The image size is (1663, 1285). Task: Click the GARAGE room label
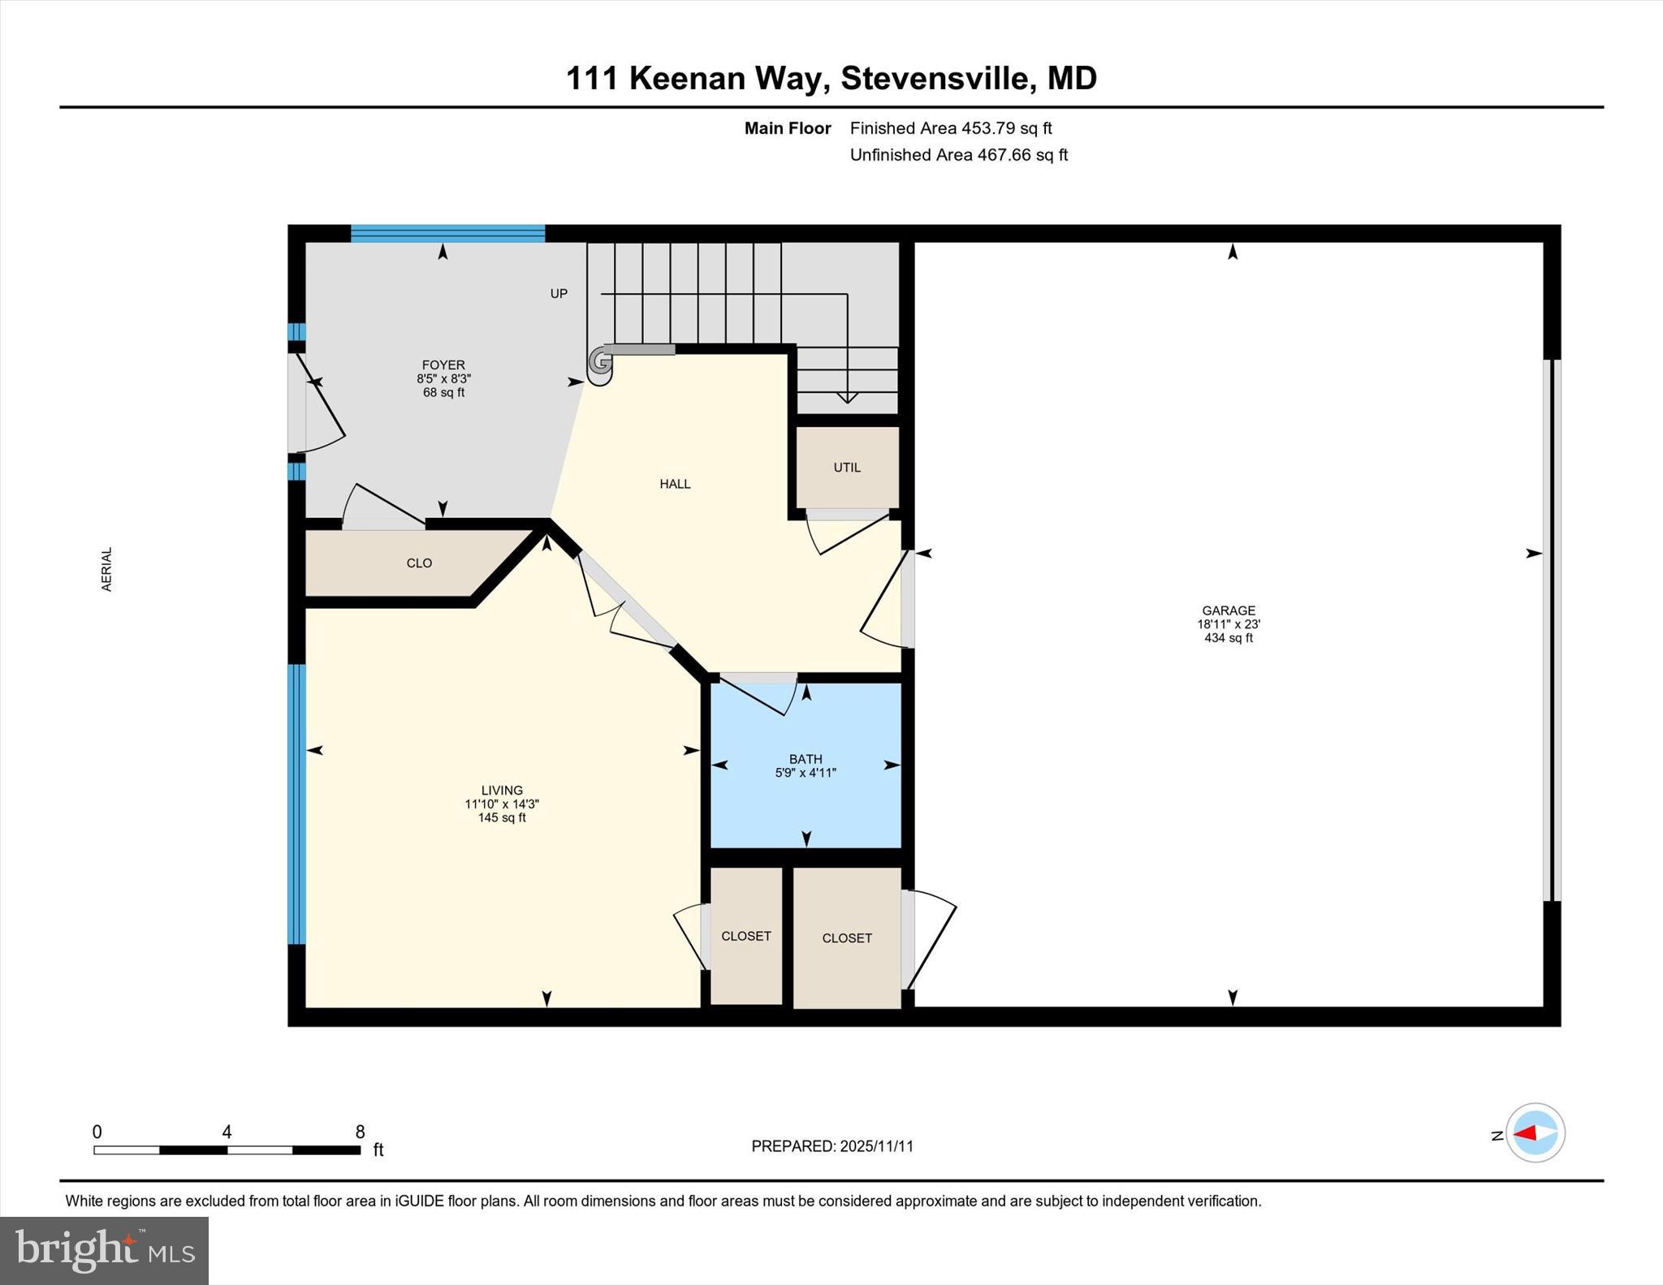tap(1229, 610)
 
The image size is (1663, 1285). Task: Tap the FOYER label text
tap(443, 365)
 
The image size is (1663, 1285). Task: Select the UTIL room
tap(847, 468)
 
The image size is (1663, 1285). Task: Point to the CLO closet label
tap(419, 563)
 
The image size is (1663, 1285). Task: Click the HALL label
tap(675, 484)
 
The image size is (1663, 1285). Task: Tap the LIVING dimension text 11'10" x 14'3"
tap(502, 804)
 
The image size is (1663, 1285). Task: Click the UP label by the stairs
tap(559, 294)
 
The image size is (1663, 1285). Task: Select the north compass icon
tap(1535, 1132)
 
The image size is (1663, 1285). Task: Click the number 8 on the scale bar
tap(360, 1132)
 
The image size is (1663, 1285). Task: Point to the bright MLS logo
tap(104, 1250)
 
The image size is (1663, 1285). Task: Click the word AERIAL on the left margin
tap(106, 569)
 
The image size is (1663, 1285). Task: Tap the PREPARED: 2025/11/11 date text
tap(832, 1146)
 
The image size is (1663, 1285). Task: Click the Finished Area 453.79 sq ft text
tap(950, 128)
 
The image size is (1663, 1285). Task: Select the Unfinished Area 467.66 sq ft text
tap(958, 155)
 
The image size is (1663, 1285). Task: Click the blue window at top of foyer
tap(447, 234)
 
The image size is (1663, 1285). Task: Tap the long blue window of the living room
tap(297, 804)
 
